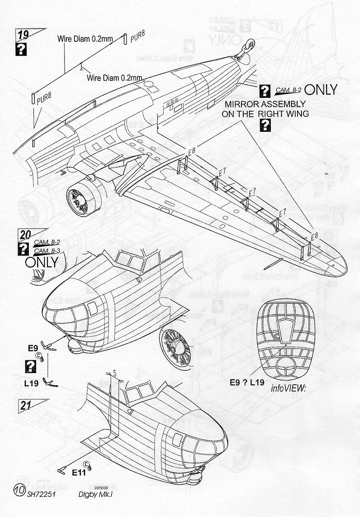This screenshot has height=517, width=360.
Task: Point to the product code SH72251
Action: point(42,495)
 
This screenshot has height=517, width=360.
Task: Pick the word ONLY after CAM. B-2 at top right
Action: point(320,90)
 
